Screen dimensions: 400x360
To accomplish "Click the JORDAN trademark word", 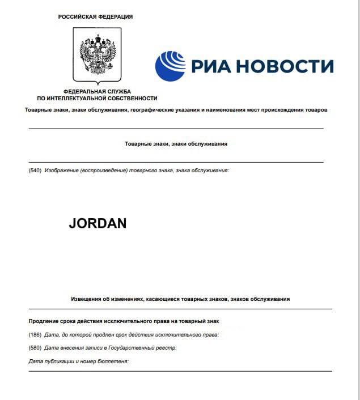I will (x=98, y=223).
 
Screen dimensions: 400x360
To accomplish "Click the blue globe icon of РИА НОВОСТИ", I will (x=170, y=66).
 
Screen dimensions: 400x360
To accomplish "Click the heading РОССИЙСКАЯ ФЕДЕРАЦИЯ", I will (x=95, y=17).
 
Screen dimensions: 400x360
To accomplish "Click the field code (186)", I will (x=35, y=334).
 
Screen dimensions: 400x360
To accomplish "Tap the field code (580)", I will (x=35, y=347).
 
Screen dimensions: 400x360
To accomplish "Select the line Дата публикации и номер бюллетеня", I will (x=79, y=361).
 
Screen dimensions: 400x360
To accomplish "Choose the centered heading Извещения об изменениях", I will (x=180, y=299).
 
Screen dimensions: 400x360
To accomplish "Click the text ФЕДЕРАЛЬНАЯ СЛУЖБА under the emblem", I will (x=98, y=91).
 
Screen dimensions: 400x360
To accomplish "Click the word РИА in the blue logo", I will (x=210, y=66).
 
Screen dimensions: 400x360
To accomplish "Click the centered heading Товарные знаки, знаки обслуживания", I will (x=176, y=144).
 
